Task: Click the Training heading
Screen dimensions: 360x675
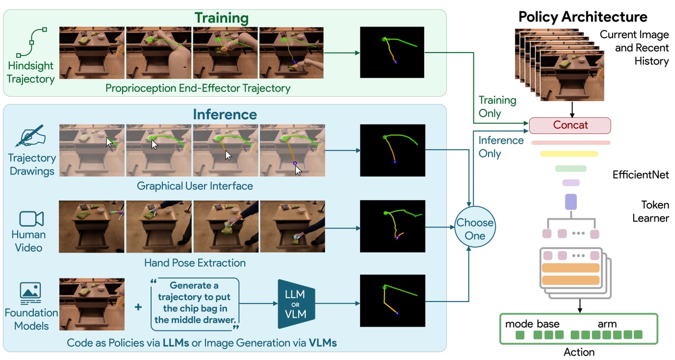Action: point(222,18)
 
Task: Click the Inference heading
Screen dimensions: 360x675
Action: point(225,114)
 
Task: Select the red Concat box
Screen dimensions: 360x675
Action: point(570,125)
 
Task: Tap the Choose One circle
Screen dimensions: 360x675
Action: point(474,229)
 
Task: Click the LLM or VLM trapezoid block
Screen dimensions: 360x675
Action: point(296,304)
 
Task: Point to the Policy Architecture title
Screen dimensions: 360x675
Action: point(583,17)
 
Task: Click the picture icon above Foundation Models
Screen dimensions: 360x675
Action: point(30,293)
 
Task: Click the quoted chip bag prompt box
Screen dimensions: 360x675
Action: point(195,304)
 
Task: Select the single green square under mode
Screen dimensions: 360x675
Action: point(519,335)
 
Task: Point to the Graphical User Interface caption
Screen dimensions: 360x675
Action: point(195,186)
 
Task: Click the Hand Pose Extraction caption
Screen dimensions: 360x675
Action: point(195,263)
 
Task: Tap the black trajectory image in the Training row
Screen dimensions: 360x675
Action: point(391,52)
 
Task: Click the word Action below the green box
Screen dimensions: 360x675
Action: point(579,352)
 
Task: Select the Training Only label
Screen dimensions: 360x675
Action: point(497,106)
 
